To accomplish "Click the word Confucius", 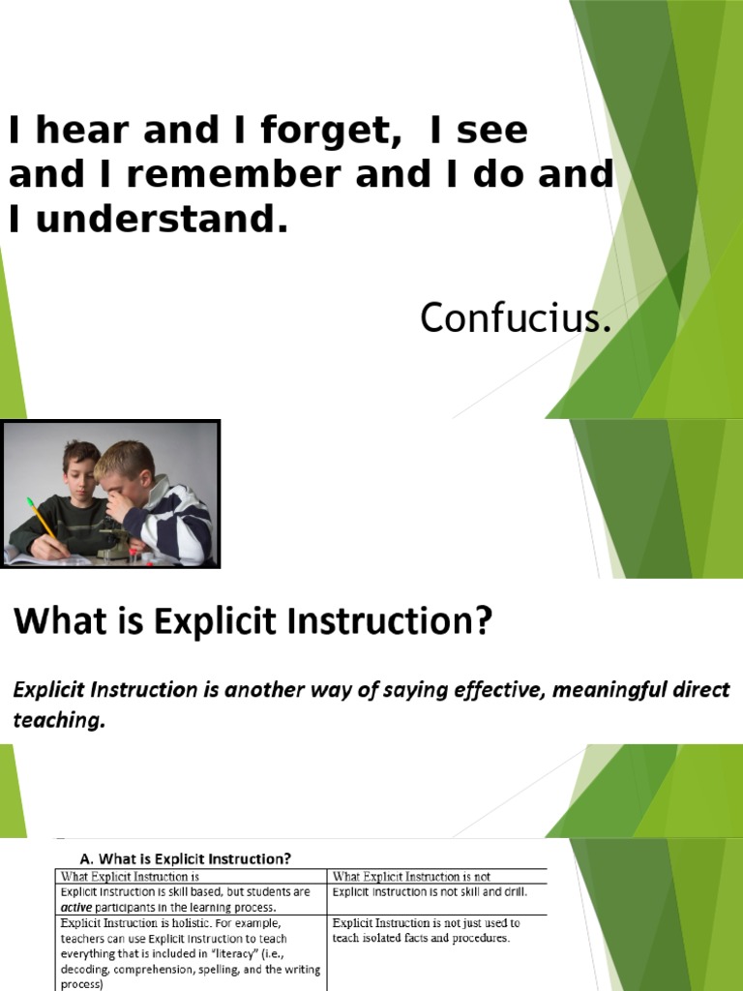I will [516, 318].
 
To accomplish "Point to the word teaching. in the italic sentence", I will [57, 721].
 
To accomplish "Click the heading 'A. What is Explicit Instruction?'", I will [185, 857].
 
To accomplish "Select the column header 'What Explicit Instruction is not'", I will [411, 876].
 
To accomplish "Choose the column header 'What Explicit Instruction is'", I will [135, 876].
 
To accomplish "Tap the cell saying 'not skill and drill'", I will [430, 891].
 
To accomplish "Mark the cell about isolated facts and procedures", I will [427, 930].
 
